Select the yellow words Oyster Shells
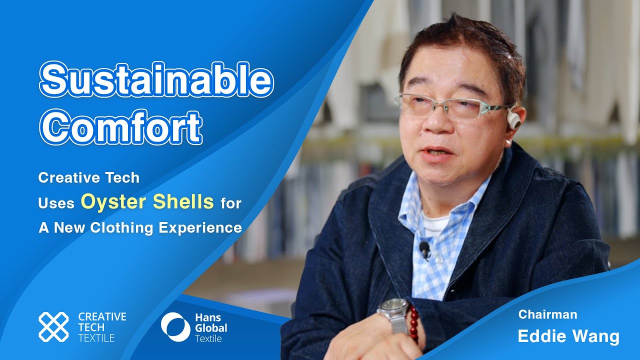coord(147,202)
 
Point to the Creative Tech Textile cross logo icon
coord(53,327)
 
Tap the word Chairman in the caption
coord(547,314)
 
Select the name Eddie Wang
coord(568,336)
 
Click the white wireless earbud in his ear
coord(513,120)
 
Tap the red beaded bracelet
coord(413,322)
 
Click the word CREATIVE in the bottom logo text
coord(102,316)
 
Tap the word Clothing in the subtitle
coord(114,228)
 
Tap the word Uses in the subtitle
coord(56,203)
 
